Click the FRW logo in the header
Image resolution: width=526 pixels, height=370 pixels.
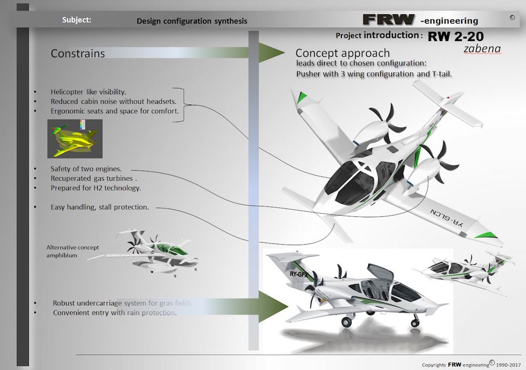coord(389,19)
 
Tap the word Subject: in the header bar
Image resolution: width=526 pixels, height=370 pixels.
coord(76,20)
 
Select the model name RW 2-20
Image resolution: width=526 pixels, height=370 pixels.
coord(456,36)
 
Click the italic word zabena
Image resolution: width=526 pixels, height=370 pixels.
coord(482,48)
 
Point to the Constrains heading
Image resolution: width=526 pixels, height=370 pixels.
coord(78,53)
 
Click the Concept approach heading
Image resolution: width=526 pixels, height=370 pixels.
coord(342,53)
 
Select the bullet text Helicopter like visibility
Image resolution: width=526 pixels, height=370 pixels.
coord(88,92)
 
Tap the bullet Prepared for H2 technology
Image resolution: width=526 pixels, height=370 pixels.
coord(96,188)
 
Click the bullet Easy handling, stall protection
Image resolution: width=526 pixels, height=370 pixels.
coord(99,207)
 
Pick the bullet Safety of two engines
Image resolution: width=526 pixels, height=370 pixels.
coord(86,169)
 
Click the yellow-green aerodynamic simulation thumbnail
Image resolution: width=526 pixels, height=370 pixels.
coord(75,138)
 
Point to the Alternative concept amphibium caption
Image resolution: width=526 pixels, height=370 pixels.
coord(73,251)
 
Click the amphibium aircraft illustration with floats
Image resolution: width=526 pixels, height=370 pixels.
coord(144,252)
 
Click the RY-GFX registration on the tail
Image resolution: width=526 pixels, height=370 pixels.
coord(299,274)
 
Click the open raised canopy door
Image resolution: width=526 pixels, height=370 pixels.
coord(380,272)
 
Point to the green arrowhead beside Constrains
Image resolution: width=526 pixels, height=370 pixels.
coord(272,53)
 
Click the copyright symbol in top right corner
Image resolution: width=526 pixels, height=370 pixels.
coord(512,17)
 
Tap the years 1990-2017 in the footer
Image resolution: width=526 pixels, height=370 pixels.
coord(509,365)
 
